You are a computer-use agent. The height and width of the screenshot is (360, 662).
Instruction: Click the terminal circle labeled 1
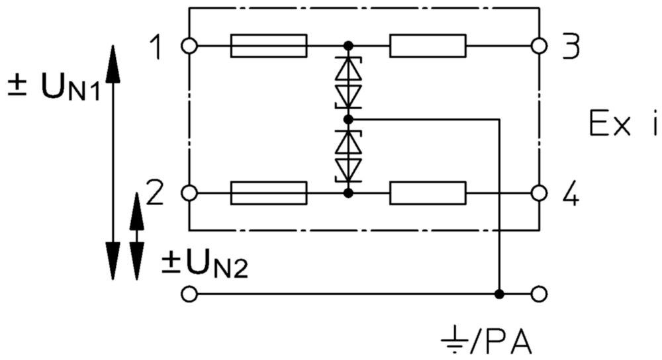pos(189,46)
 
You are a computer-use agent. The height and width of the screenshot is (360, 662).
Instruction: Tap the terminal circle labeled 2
pos(189,193)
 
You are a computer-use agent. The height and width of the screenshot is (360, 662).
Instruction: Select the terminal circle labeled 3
pos(539,46)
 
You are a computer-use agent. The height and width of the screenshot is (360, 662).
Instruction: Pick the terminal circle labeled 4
pos(539,193)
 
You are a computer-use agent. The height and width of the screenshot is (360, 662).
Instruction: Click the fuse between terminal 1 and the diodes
pos(269,46)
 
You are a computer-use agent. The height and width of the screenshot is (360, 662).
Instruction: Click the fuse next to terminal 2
pos(269,193)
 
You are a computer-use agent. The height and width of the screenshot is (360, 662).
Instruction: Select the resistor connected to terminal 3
pos(428,46)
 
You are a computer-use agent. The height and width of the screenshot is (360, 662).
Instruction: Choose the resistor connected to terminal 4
pos(428,193)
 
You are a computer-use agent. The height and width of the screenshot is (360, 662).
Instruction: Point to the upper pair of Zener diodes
pos(348,83)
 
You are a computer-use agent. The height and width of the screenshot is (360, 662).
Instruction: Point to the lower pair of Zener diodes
pos(348,157)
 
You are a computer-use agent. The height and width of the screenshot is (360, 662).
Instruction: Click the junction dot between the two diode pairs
pos(348,120)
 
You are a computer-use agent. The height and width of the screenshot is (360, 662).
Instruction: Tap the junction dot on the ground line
pos(499,294)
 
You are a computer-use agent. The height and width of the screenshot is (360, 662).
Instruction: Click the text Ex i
pos(623,123)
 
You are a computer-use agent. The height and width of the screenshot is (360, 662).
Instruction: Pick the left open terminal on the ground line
pos(189,294)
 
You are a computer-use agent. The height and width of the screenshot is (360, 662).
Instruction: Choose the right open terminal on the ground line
pos(539,294)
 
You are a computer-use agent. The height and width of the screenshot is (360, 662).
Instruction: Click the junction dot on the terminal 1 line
pos(348,46)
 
